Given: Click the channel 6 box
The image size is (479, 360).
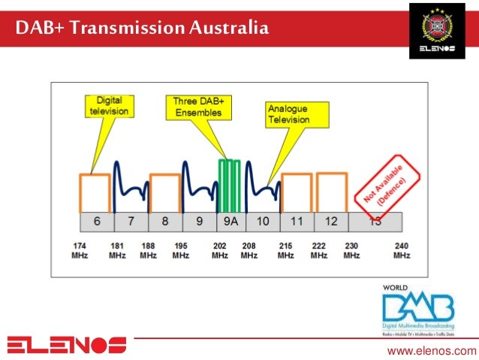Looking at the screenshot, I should (96, 222).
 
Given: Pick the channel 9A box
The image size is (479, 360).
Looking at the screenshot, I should (230, 222).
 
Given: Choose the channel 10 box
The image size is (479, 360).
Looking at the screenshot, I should (262, 222).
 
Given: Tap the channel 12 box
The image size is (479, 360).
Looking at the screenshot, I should (331, 222).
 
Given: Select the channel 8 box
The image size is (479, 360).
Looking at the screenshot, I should (164, 222).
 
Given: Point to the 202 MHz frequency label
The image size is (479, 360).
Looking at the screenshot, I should (219, 250).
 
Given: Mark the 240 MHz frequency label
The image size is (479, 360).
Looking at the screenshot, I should (402, 250).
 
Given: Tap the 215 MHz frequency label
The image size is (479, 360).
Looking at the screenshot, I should (285, 250).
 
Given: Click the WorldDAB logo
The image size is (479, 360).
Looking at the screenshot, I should (417, 310).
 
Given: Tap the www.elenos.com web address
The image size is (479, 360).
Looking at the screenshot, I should (431, 350).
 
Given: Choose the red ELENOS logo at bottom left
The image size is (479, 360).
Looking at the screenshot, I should (67, 345).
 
